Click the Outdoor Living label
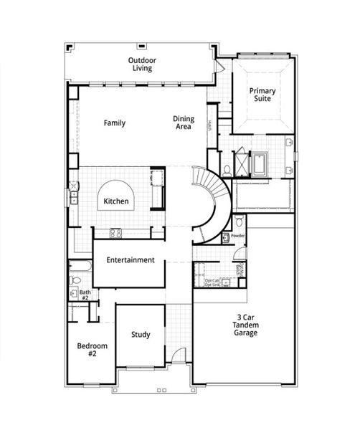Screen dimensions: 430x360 pos(143,64)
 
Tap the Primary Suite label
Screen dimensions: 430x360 pos(262,95)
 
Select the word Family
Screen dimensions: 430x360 pos(114,123)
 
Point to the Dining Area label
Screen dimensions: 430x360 pos(183,123)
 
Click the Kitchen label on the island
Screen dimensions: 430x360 pos(116,201)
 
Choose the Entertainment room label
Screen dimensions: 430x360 pos(131,260)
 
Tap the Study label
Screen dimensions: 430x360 pos(141,335)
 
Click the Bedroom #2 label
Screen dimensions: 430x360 pos(92,350)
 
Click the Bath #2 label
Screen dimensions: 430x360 pos(85,295)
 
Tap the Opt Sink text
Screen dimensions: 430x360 pos(212,285)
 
